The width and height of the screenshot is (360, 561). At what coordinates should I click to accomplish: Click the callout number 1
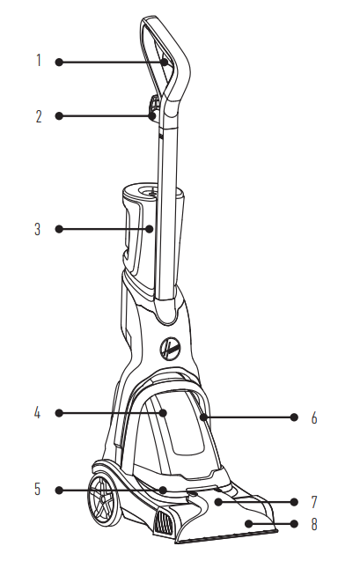39,61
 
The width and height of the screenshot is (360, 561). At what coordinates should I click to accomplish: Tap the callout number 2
39,116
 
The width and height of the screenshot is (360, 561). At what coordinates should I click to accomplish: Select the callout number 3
38,229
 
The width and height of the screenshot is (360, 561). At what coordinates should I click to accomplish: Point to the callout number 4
37,413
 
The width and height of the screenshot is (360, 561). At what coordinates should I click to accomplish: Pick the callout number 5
38,489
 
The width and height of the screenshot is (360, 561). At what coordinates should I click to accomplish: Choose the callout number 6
314,417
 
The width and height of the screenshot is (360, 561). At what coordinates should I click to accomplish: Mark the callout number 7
314,502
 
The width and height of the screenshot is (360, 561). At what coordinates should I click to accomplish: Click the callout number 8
314,525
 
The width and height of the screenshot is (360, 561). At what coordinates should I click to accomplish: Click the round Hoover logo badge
170,348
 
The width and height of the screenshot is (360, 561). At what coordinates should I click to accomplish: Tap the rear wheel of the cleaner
105,500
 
